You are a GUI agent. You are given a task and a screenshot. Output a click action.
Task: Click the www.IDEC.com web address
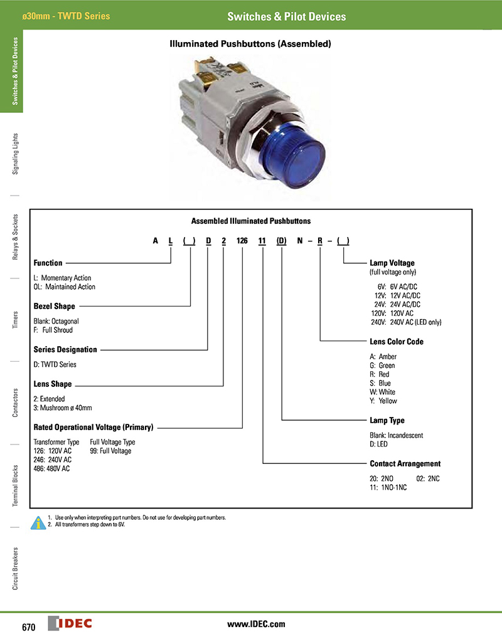click(x=256, y=624)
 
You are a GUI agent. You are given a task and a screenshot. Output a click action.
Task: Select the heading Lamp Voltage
click(x=392, y=263)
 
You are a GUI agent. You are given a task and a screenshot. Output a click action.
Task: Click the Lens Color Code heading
click(x=397, y=342)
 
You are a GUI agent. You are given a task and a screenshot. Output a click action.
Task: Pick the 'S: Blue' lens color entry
click(x=381, y=383)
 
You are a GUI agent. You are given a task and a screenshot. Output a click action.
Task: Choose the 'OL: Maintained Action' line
click(x=65, y=287)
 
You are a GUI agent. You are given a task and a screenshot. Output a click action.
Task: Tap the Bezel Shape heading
click(x=54, y=306)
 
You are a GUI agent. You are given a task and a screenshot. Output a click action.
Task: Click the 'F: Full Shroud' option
click(x=53, y=330)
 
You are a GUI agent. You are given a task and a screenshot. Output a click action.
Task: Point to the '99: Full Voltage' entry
click(x=111, y=451)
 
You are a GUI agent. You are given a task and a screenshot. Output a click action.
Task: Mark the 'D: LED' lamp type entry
click(x=380, y=444)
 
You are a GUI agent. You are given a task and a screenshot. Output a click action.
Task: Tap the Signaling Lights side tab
click(x=15, y=153)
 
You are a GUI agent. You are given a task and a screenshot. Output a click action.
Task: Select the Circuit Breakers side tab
click(x=15, y=568)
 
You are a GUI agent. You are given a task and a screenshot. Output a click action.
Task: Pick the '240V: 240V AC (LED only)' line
click(x=406, y=322)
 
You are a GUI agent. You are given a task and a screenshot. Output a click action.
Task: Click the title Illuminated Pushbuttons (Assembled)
click(x=250, y=44)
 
